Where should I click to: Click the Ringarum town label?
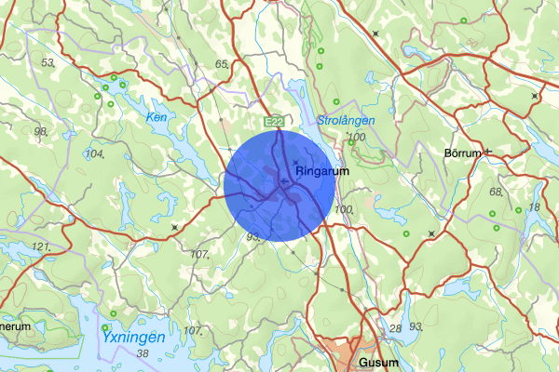pos(322,172)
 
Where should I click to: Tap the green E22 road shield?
pos(274,122)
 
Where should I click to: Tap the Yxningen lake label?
pos(133,337)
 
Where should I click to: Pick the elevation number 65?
pos(222,63)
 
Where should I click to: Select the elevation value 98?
pos(40,131)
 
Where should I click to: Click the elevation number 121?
pos(40,247)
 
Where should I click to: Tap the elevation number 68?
pos(496,192)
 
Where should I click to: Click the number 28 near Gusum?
pos(395,328)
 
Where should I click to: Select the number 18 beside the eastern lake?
pos(534,206)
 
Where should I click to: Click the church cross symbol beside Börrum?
pos(486,152)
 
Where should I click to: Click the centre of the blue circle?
pos(279,185)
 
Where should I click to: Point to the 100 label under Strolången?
pos(355,138)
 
